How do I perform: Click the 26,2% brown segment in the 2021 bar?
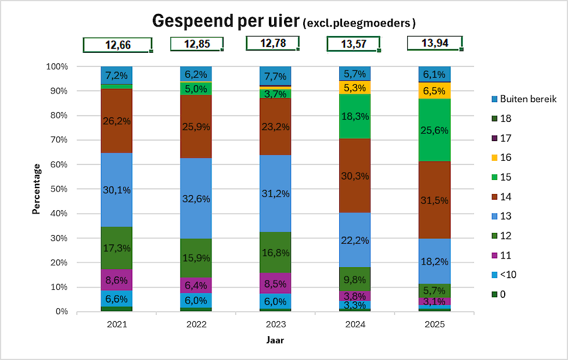click(117, 121)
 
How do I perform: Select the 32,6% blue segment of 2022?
click(196, 198)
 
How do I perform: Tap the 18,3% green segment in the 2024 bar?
click(355, 116)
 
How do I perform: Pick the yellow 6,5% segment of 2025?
click(434, 91)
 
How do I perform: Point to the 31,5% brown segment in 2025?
click(434, 200)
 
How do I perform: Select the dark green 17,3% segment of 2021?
click(117, 248)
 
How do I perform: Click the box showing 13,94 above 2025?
click(435, 43)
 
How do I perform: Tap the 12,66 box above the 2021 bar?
click(117, 45)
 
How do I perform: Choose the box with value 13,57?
click(353, 44)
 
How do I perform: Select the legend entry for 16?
click(505, 158)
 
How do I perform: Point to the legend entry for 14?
click(505, 197)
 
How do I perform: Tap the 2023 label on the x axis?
click(275, 325)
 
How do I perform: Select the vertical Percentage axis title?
click(36, 189)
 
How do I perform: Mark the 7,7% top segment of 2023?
click(275, 76)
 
